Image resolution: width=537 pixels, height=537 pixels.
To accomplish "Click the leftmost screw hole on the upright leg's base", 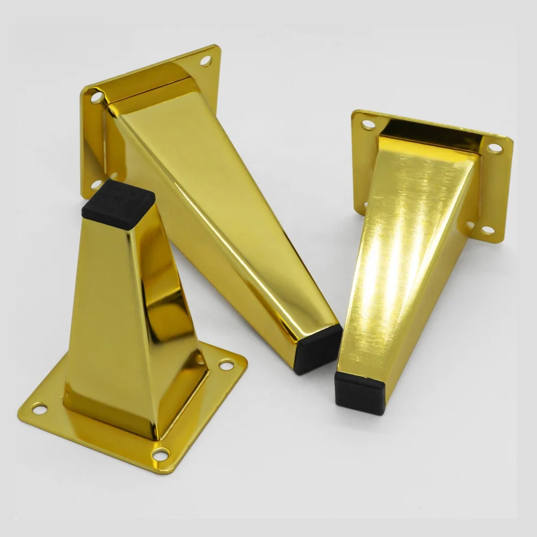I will pos(40,410).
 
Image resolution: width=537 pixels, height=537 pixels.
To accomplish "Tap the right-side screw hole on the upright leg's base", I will pos(223,366).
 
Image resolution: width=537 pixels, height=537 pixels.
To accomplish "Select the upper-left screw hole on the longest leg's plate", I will pos(96,98).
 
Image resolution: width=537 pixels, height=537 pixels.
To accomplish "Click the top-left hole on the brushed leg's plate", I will pos(368,125).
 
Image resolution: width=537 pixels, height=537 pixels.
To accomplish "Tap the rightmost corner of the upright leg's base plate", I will pos(245,365).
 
